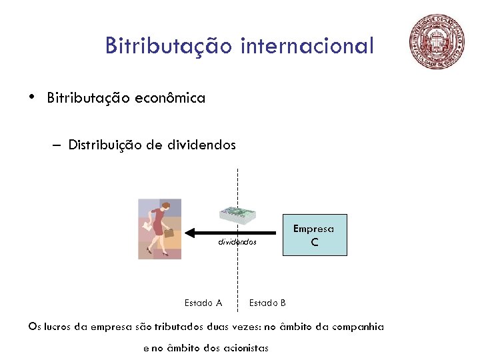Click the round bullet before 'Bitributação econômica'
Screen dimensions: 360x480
pyautogui.click(x=31, y=97)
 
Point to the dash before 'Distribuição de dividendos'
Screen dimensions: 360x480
pyautogui.click(x=54, y=145)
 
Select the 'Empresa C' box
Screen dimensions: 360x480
pyautogui.click(x=315, y=235)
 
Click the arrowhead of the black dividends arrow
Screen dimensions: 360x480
pyautogui.click(x=190, y=233)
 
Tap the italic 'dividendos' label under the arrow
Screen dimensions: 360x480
pyautogui.click(x=237, y=242)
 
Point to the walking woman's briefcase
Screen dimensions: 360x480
pyautogui.click(x=169, y=233)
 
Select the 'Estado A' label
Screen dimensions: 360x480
pyautogui.click(x=203, y=303)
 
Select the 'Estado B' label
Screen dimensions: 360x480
pyautogui.click(x=267, y=303)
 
